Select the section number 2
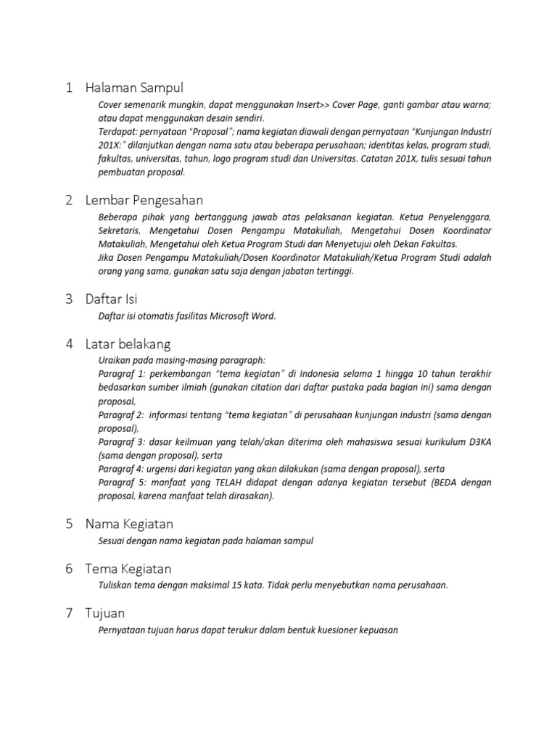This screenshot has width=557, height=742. tap(69, 200)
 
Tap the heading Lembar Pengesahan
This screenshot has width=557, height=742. tap(144, 200)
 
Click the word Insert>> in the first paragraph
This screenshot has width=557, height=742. tap(313, 104)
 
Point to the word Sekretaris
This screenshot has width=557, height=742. tap(120, 230)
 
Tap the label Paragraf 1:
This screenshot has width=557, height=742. tap(120, 374)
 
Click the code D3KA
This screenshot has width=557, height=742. tap(477, 442)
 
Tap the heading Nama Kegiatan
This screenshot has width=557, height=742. tap(129, 523)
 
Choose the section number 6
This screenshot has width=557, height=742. tap(69, 569)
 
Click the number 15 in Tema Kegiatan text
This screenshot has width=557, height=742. tap(268, 585)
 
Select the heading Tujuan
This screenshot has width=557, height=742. tap(104, 614)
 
